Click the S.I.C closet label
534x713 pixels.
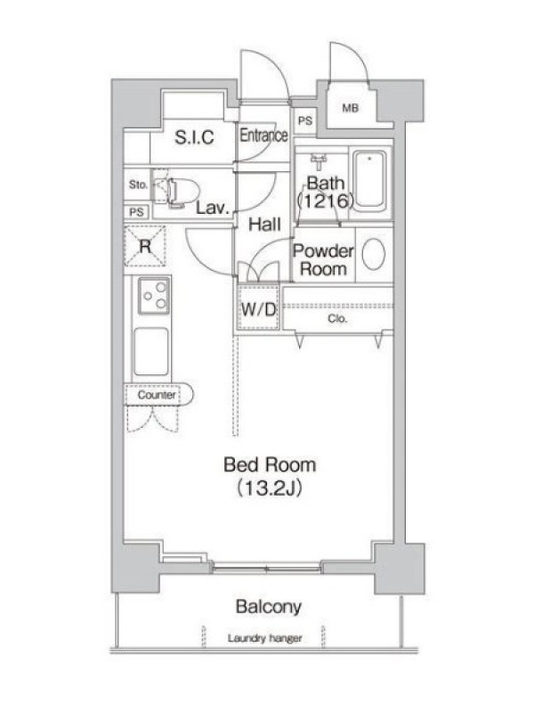[194, 137]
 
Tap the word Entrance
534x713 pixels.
[263, 135]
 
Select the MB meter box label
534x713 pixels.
[350, 108]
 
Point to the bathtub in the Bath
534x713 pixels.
[370, 180]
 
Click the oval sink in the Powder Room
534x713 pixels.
[374, 254]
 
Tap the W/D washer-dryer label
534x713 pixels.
[258, 309]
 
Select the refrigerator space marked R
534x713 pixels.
[145, 247]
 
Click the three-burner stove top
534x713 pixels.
[153, 296]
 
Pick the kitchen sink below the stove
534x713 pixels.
[151, 351]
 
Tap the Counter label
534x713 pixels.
[157, 395]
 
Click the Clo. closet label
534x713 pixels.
[337, 319]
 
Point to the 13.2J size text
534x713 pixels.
[270, 488]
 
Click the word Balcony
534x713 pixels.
[269, 607]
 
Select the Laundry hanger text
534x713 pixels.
[264, 638]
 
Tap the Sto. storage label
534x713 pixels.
[138, 184]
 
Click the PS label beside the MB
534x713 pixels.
[305, 121]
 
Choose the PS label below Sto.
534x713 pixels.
[136, 212]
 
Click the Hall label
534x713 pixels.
[264, 225]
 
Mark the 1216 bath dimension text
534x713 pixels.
[325, 201]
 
